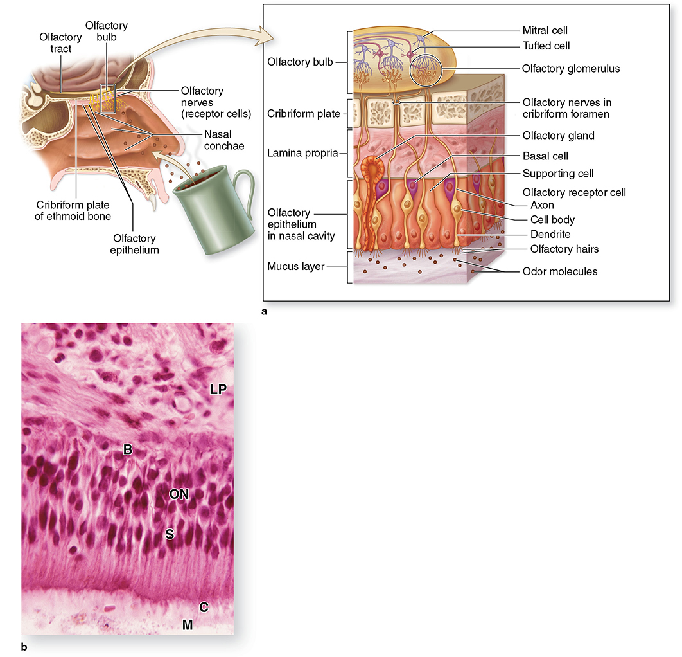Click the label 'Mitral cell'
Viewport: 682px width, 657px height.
(x=545, y=30)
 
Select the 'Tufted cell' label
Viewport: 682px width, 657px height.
(x=546, y=46)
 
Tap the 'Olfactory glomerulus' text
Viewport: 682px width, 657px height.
(x=571, y=69)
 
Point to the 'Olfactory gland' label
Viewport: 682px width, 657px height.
(x=559, y=136)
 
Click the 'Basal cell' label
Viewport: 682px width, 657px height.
(x=545, y=156)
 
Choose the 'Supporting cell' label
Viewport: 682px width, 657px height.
(x=558, y=174)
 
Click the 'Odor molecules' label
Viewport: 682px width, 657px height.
(x=560, y=272)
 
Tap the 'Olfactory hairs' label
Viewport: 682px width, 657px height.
(x=564, y=249)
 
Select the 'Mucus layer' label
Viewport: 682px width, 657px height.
(x=296, y=266)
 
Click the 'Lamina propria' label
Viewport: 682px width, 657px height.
(x=302, y=153)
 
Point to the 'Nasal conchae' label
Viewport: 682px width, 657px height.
(x=224, y=140)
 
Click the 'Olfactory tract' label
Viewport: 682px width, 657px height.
(x=60, y=43)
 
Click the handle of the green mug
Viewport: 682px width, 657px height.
(x=245, y=192)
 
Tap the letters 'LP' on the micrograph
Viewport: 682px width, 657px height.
(x=218, y=389)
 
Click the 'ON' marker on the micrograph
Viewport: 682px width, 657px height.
(x=179, y=494)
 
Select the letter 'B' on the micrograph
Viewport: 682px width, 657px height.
(x=127, y=449)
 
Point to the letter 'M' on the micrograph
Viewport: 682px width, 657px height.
(x=188, y=625)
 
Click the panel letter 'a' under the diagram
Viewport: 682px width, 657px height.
(x=264, y=312)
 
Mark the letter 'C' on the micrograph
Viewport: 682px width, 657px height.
(x=204, y=607)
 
